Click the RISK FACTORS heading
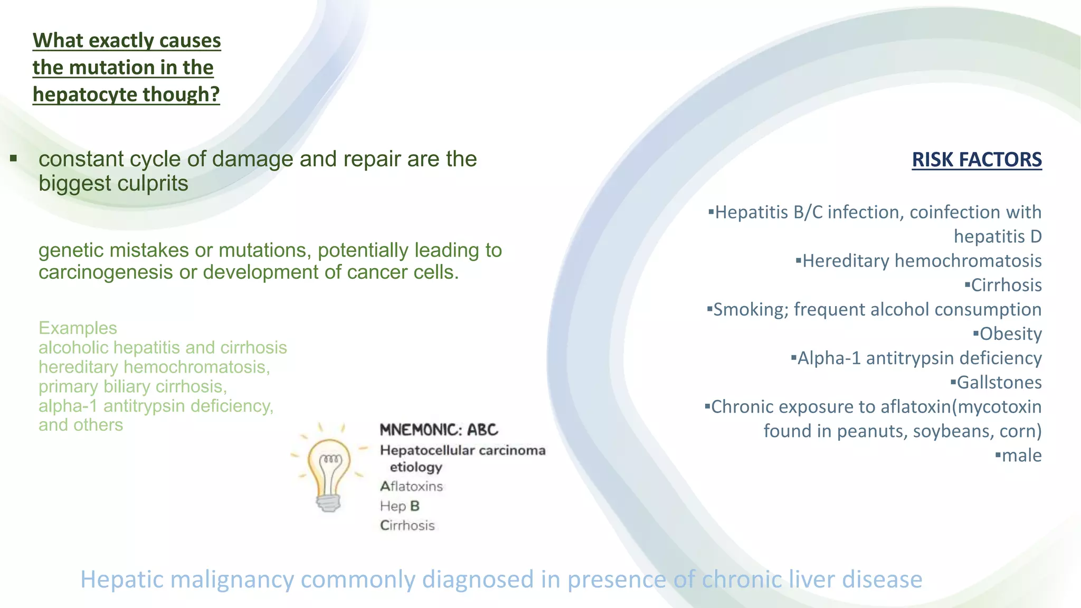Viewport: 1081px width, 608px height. click(x=976, y=159)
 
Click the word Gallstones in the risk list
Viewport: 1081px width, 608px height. click(x=999, y=382)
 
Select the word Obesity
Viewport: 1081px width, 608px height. click(x=1010, y=334)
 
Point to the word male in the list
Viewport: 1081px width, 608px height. click(x=1021, y=455)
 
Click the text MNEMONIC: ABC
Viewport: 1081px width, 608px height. click(x=439, y=430)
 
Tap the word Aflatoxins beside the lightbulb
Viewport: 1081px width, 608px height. click(x=411, y=486)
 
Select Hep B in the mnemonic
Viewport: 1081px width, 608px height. click(x=400, y=506)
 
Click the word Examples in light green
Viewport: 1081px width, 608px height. click(x=78, y=328)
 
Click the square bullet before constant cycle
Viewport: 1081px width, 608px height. click(x=14, y=158)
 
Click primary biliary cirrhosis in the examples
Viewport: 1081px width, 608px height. click(x=132, y=386)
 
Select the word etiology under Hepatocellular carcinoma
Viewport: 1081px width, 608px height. click(x=415, y=467)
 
